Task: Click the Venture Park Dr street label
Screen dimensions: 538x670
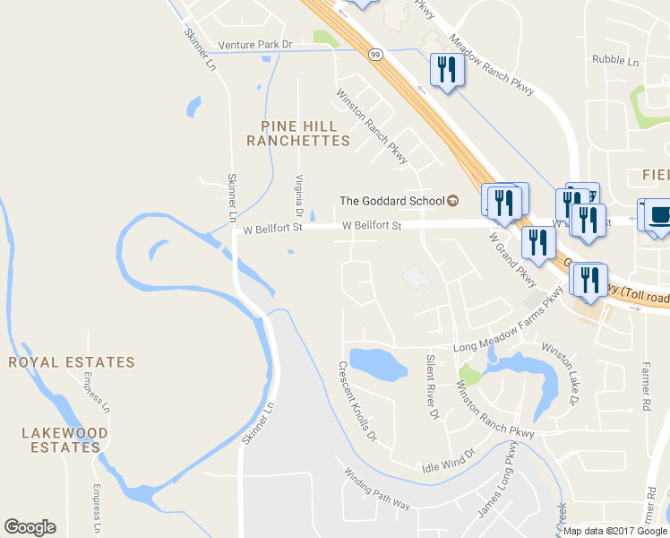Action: point(255,44)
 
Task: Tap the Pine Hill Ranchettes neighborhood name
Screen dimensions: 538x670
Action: point(298,134)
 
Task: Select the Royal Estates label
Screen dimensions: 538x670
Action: point(72,362)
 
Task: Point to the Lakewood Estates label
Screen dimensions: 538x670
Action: point(64,439)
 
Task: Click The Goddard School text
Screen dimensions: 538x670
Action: point(391,200)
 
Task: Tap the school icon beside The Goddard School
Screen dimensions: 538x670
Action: point(452,200)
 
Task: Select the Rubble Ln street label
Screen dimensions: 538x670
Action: point(614,61)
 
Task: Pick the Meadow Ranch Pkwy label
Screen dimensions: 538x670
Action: point(491,66)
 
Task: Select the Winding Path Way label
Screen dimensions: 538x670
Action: point(377,489)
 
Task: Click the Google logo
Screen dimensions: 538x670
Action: point(30,527)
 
